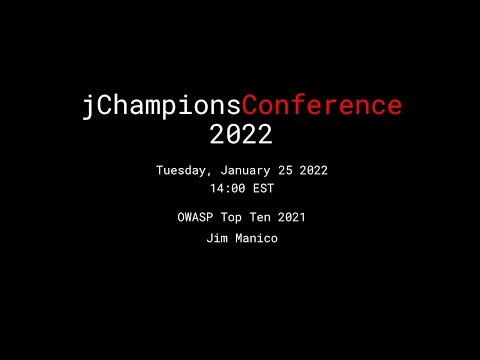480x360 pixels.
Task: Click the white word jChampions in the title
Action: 161,106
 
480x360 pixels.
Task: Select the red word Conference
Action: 322,106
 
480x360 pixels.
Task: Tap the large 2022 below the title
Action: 241,133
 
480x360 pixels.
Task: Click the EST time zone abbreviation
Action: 262,187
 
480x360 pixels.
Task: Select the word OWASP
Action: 191,216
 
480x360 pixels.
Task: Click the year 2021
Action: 292,216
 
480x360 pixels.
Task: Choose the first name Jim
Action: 216,240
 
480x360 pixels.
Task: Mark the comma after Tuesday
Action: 212,174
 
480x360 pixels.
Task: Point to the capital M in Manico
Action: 238,240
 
